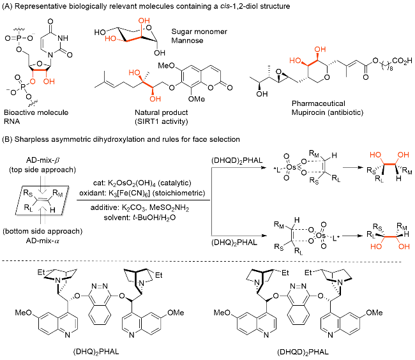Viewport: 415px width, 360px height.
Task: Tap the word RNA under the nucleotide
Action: pyautogui.click(x=11, y=120)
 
